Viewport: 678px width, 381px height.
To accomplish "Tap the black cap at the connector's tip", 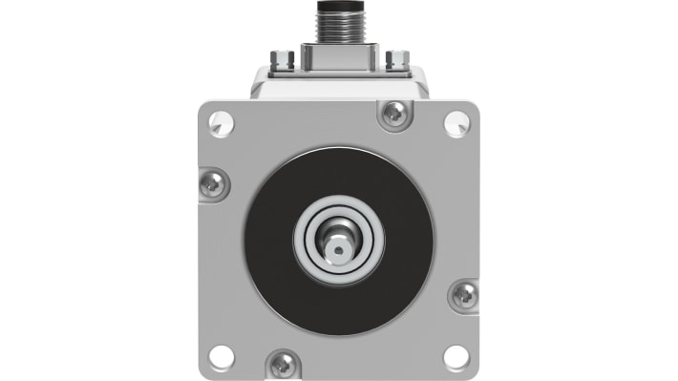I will pos(339,6).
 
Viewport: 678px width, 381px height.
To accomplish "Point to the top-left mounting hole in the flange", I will pos(222,121).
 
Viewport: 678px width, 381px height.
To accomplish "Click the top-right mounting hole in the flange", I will pos(456,121).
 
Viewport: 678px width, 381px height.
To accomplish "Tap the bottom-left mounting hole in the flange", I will pos(222,356).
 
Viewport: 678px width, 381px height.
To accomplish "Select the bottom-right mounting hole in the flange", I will pos(456,356).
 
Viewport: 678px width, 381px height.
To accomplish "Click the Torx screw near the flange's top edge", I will pos(393,115).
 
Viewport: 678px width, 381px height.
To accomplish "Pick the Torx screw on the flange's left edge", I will pos(214,182).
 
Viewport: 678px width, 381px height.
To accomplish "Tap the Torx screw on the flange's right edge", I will pos(464,295).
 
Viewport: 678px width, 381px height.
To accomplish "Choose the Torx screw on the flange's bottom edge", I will pos(284,363).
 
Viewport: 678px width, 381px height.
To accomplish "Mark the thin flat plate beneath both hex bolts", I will pos(339,72).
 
